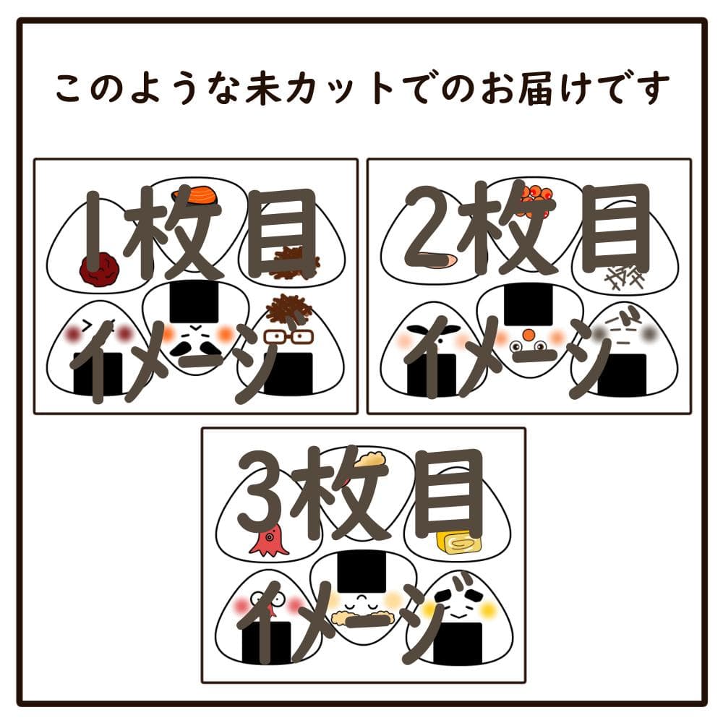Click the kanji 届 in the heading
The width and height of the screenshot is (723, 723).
pyautogui.click(x=535, y=87)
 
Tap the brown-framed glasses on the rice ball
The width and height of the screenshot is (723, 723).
pyautogui.click(x=288, y=338)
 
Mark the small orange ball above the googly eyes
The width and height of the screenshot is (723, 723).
pyautogui.click(x=529, y=333)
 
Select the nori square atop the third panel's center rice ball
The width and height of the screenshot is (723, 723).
pyautogui.click(x=361, y=572)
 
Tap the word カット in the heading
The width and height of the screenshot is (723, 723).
pyautogui.click(x=341, y=87)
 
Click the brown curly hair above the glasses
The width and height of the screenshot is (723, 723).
pyautogui.click(x=285, y=309)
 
